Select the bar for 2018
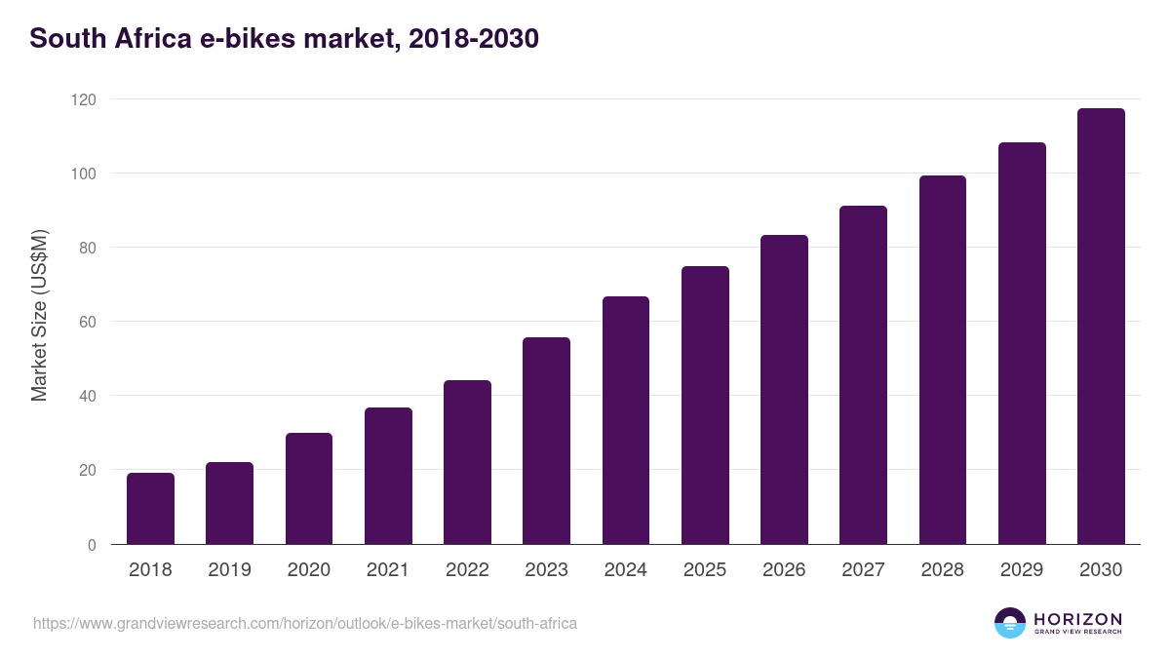click(x=150, y=509)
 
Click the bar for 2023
click(x=546, y=441)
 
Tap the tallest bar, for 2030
click(x=1101, y=327)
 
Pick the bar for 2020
click(x=308, y=488)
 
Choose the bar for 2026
click(x=784, y=390)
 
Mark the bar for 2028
click(x=943, y=360)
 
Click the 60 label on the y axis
click(x=88, y=322)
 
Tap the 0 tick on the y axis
click(x=92, y=545)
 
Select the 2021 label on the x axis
click(x=387, y=570)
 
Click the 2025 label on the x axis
click(x=704, y=570)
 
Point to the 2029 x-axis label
click(x=1022, y=570)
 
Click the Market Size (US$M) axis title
click(x=39, y=316)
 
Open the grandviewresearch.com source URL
click(x=305, y=623)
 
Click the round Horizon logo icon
click(x=1010, y=623)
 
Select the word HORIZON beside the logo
click(x=1077, y=619)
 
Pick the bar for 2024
click(x=625, y=420)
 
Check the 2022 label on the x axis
click(x=467, y=570)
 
